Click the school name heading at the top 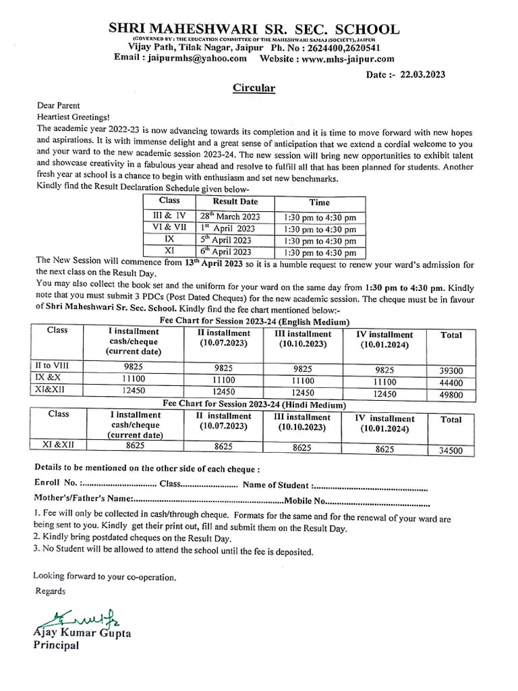[x=254, y=29]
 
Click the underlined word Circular [x=235, y=88]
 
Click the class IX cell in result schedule [x=169, y=240]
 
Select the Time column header [x=319, y=202]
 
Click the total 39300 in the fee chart [x=451, y=370]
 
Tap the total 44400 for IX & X [x=451, y=382]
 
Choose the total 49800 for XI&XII [x=451, y=394]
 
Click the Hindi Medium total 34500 [x=451, y=449]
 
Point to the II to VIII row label [x=53, y=366]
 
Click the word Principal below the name [x=57, y=645]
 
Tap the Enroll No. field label [x=56, y=484]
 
